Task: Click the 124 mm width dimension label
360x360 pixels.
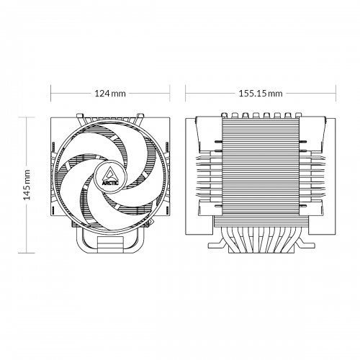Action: [x=109, y=94]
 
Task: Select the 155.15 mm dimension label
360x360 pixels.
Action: [x=261, y=94]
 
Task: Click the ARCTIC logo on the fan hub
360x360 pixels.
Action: [x=109, y=175]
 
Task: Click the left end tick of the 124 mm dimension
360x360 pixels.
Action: [x=50, y=94]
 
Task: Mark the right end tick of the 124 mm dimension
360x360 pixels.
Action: [x=169, y=94]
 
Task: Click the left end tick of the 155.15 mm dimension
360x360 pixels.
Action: [x=186, y=94]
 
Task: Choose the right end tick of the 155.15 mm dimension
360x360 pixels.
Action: [x=336, y=94]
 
